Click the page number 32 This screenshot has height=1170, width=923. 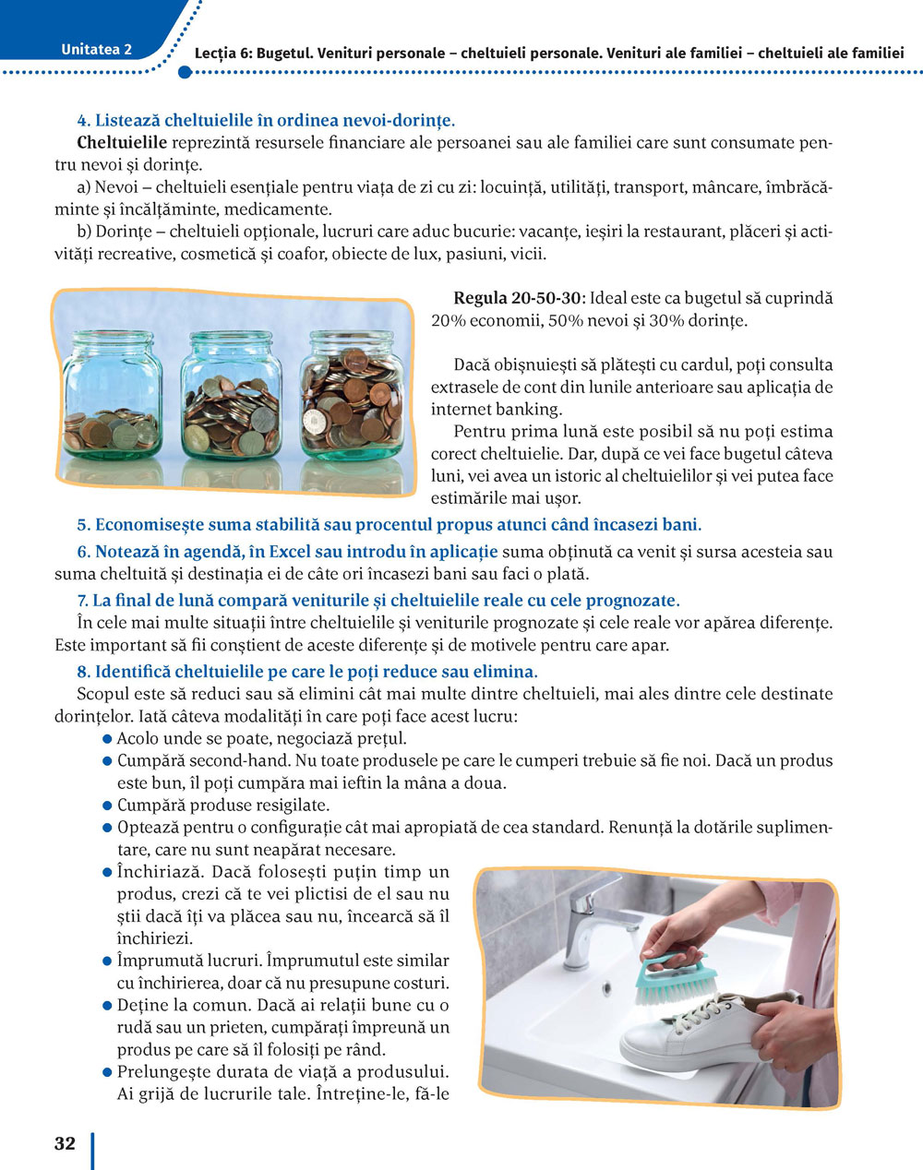(x=65, y=1144)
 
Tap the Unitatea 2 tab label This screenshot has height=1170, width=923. (x=96, y=50)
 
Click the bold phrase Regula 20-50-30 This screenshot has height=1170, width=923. (x=519, y=299)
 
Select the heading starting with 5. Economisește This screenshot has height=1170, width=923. (x=389, y=525)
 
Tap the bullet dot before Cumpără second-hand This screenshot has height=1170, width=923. (x=107, y=761)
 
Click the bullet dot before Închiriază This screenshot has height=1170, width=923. (x=107, y=872)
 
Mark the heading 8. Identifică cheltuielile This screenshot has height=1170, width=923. (x=306, y=672)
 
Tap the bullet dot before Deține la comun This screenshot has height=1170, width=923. (x=107, y=1005)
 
